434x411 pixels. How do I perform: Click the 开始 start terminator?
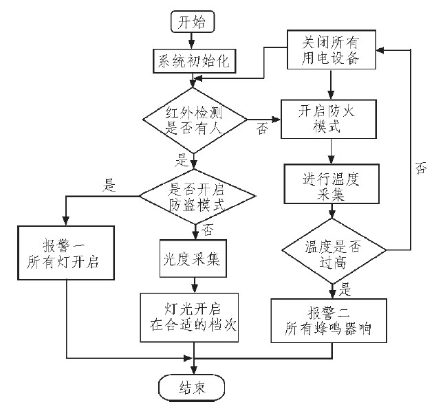pos(192,21)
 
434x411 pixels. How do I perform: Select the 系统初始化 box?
pos(193,61)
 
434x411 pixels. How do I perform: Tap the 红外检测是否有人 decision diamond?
pos(194,119)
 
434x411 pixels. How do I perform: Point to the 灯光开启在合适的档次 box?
pos(193,317)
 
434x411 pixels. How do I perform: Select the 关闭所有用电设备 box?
pos(331,49)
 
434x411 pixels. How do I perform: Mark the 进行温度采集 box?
pos(332,184)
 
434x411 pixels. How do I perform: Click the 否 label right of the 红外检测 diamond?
pos(262,129)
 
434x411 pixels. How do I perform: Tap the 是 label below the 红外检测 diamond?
pos(184,160)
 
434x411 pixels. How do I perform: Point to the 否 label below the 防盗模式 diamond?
pos(208,229)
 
